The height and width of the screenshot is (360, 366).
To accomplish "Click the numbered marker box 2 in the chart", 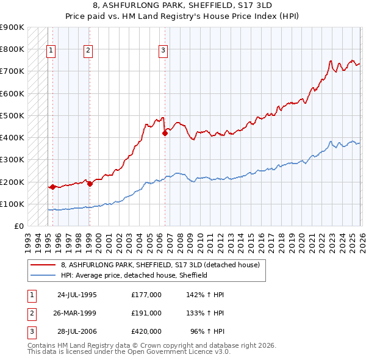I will (x=88, y=51).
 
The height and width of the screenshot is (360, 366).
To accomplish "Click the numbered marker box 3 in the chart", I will (x=163, y=51).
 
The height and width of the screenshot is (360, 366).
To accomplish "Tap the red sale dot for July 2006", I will (x=165, y=133).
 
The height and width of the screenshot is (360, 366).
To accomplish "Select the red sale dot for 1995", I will (x=52, y=187).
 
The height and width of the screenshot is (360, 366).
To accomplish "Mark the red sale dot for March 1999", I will (x=90, y=184).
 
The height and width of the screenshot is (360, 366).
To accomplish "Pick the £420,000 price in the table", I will (x=146, y=331).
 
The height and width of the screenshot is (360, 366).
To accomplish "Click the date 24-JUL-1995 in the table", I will (x=77, y=294).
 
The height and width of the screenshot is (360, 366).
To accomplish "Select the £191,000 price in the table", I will (x=146, y=312).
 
